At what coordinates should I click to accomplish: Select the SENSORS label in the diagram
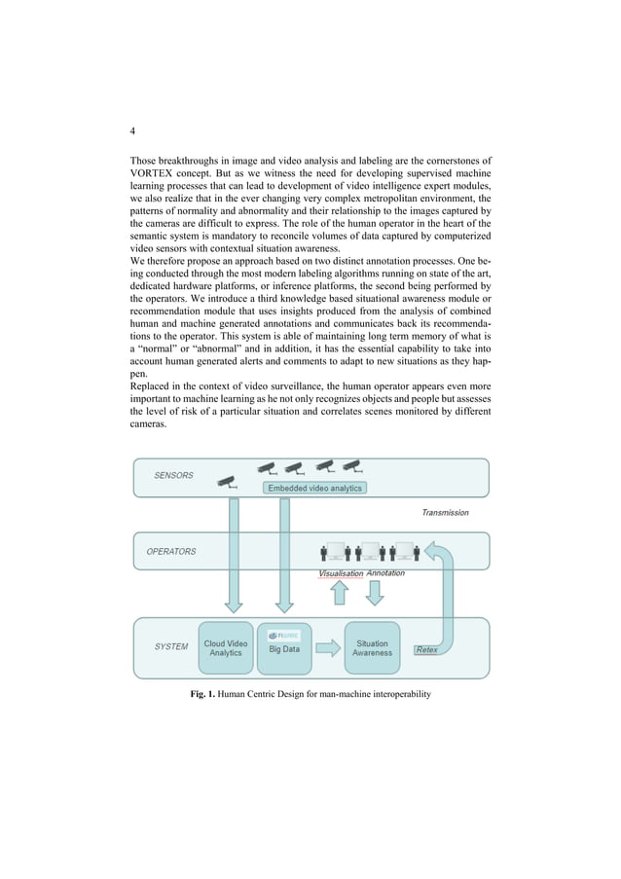(173, 476)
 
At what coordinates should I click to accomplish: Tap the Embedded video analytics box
(314, 488)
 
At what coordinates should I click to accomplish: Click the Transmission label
(445, 512)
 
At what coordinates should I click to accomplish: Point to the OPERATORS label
(171, 552)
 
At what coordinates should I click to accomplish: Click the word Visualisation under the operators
(341, 574)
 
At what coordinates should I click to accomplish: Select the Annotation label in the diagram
(385, 573)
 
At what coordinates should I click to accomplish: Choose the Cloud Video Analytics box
(226, 648)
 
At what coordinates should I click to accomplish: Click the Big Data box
(284, 649)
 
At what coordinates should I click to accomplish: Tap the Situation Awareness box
(372, 648)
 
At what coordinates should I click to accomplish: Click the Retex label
(425, 649)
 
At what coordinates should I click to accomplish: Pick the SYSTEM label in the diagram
(171, 646)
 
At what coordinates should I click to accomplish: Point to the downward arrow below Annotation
(373, 593)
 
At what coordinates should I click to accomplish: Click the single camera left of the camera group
(227, 481)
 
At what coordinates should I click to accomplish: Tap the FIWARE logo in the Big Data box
(281, 635)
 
